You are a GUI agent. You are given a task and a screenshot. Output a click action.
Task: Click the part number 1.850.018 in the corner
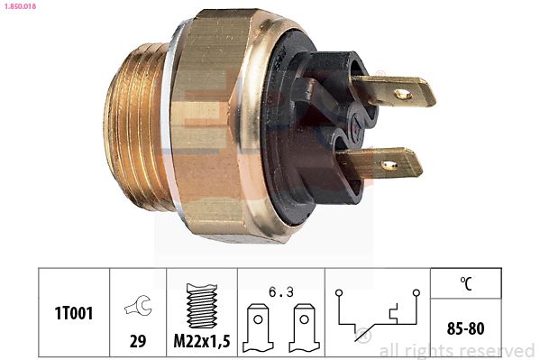pos(20,6)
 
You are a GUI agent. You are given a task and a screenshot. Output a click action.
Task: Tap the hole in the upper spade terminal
pos(403,94)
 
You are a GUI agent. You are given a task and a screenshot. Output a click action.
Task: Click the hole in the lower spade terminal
pos(389,165)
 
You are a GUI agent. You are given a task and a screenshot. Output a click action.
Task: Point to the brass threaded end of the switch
pos(138,127)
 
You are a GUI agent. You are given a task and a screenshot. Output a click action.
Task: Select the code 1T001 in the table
pos(74,313)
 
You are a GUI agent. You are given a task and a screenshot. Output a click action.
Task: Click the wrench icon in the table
pos(138,305)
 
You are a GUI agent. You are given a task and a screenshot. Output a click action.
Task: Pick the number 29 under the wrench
pos(138,341)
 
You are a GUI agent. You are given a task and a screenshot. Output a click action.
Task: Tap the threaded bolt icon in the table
pos(202,306)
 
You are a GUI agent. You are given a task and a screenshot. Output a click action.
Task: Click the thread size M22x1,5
pos(202,341)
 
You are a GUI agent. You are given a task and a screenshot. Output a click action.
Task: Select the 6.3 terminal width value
pos(281,292)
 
